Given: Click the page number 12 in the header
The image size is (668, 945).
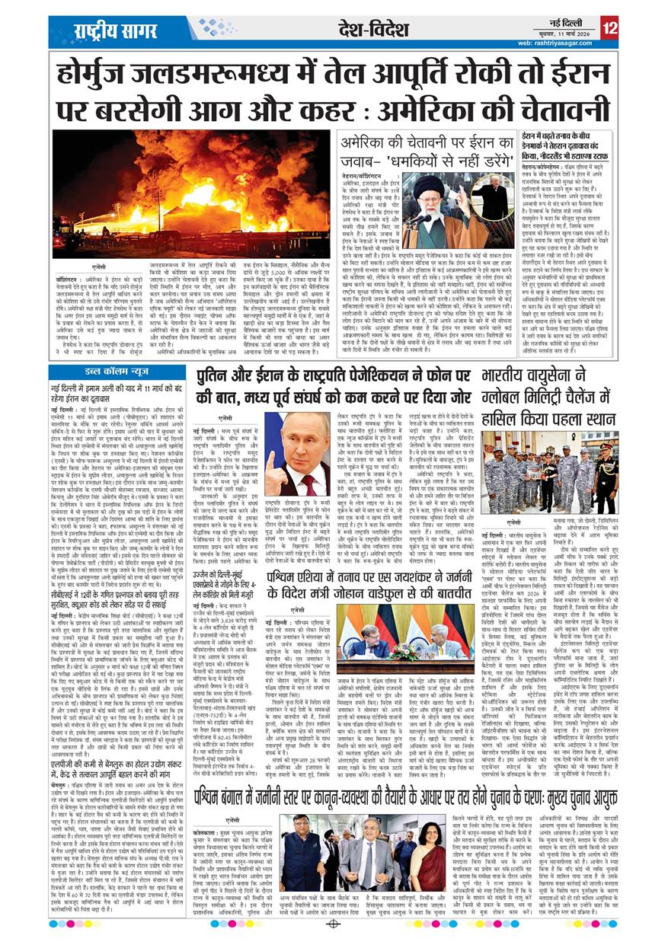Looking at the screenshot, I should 609,27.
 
